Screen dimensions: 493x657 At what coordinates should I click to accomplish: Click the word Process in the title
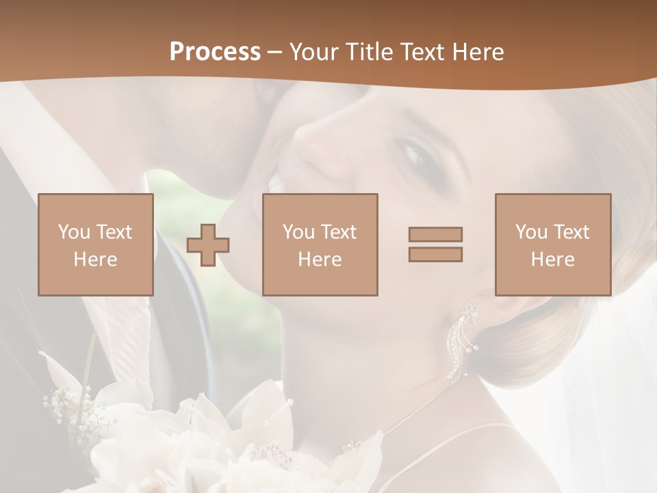click(x=215, y=52)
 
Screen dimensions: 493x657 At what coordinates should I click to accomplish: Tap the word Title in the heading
click(x=370, y=52)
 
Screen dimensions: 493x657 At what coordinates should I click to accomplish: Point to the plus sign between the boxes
click(x=208, y=245)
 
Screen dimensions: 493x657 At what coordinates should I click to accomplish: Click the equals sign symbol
click(x=435, y=244)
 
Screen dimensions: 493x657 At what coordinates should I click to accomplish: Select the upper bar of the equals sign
click(x=435, y=234)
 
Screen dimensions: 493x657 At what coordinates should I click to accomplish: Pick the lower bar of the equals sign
click(x=435, y=254)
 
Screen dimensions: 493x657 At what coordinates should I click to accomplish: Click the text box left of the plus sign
click(x=95, y=244)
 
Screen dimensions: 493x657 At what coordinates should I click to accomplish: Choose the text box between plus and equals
click(x=320, y=244)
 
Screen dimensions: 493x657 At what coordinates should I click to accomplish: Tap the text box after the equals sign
click(x=552, y=244)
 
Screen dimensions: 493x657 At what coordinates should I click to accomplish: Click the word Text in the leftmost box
click(x=114, y=232)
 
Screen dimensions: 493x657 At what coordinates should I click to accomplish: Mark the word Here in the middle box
click(x=320, y=260)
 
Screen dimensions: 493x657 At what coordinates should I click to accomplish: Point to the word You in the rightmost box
click(x=531, y=232)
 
